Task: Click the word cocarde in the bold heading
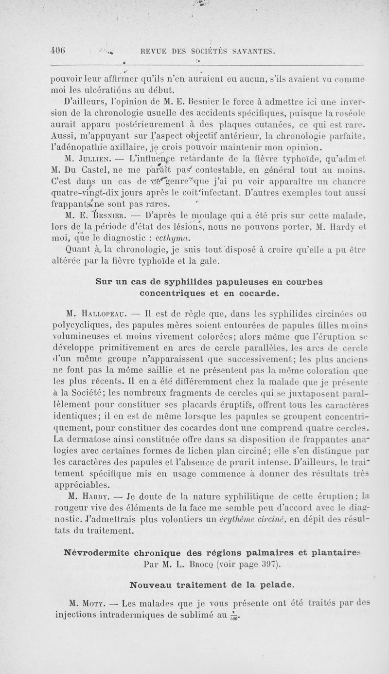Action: tap(259, 293)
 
